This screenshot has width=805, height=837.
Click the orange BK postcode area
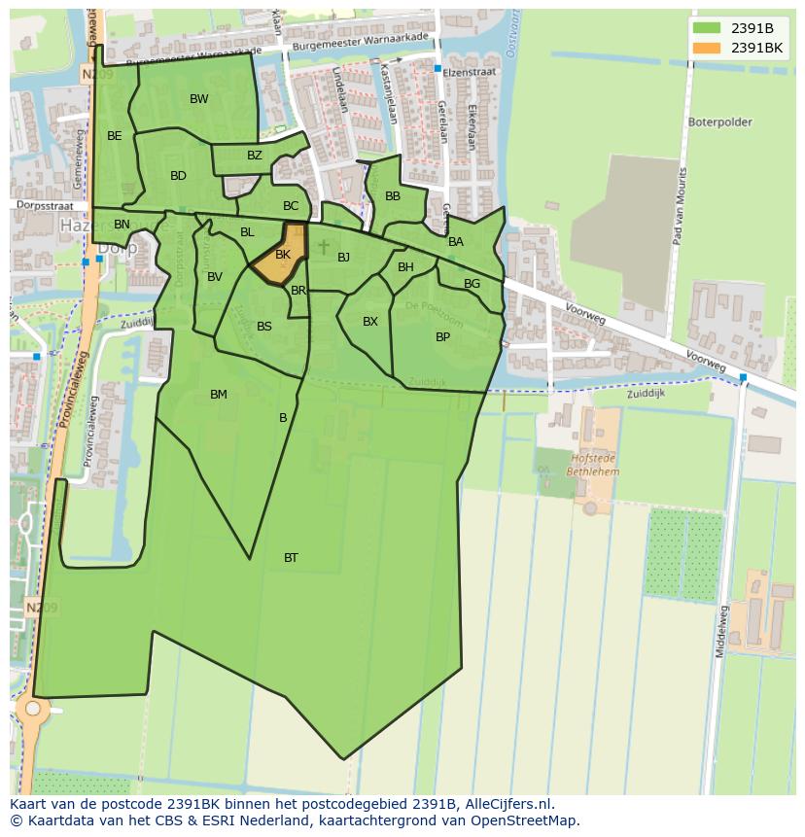tap(282, 256)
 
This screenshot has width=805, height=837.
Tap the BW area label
tap(198, 99)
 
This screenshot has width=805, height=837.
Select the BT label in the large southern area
tap(291, 558)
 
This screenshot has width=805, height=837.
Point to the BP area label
tap(442, 337)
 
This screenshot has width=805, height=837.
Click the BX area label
tap(369, 322)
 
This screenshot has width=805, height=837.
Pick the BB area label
tap(392, 196)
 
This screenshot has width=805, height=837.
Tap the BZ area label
tap(254, 156)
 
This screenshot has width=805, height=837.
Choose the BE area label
tap(115, 136)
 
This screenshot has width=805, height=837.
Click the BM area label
tap(218, 395)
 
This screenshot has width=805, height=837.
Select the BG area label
tap(472, 284)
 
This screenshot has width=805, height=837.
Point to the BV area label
tap(215, 277)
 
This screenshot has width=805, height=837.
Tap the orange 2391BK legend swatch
tap(707, 48)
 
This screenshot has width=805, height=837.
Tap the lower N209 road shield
tap(41, 609)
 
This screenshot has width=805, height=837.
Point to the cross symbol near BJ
tap(324, 248)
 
